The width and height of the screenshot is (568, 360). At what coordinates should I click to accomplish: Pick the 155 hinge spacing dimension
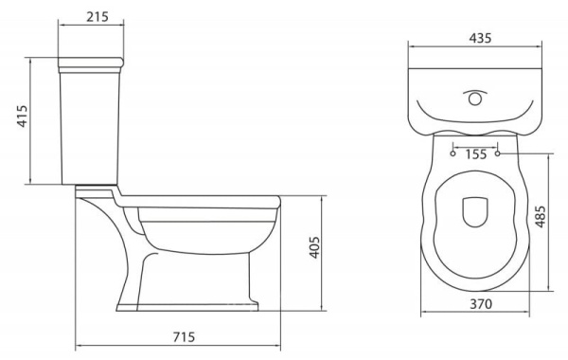pos(475,153)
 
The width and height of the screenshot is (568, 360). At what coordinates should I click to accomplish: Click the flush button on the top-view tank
pos(474,97)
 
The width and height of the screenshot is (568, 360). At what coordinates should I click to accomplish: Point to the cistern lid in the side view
pos(95,64)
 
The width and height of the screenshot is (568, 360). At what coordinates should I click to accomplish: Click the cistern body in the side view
pos(95,128)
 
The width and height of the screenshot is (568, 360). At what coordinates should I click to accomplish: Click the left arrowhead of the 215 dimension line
pos(61,27)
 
